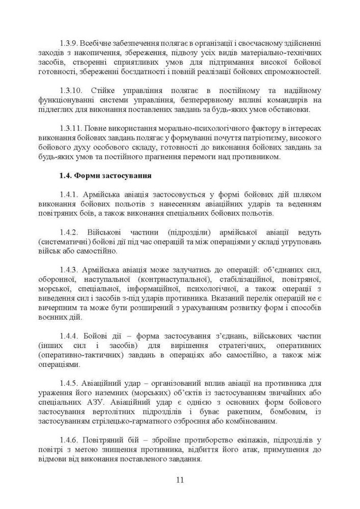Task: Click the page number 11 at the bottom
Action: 180,479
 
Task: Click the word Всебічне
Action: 100,44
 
